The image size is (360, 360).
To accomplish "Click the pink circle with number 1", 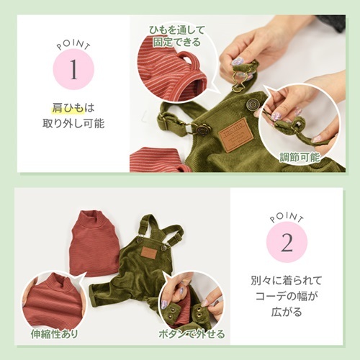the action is pyautogui.click(x=73, y=69).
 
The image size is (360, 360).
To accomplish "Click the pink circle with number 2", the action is pyautogui.click(x=287, y=242).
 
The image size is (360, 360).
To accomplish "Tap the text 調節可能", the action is pyautogui.click(x=300, y=157).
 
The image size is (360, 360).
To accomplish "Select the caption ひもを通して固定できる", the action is pyautogui.click(x=177, y=36).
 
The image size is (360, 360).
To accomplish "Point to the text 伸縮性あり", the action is pyautogui.click(x=54, y=334).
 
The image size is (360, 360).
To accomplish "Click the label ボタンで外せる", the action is pyautogui.click(x=192, y=334).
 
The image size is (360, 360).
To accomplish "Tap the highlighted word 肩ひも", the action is pyautogui.click(x=68, y=108).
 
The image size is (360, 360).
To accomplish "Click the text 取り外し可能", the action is pyautogui.click(x=73, y=124).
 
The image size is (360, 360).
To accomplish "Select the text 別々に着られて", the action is pyautogui.click(x=287, y=281).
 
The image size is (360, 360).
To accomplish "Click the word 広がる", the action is pyautogui.click(x=287, y=312).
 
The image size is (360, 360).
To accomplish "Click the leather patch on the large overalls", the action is pyautogui.click(x=237, y=135).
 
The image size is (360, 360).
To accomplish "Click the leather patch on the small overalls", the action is pyautogui.click(x=149, y=251).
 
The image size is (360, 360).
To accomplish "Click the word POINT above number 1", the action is pyautogui.click(x=73, y=45).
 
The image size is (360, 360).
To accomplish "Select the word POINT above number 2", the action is pyautogui.click(x=287, y=217).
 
